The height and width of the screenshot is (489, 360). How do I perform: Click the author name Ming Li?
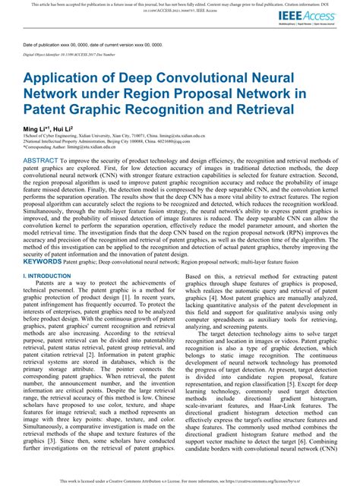click(x=37, y=131)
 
